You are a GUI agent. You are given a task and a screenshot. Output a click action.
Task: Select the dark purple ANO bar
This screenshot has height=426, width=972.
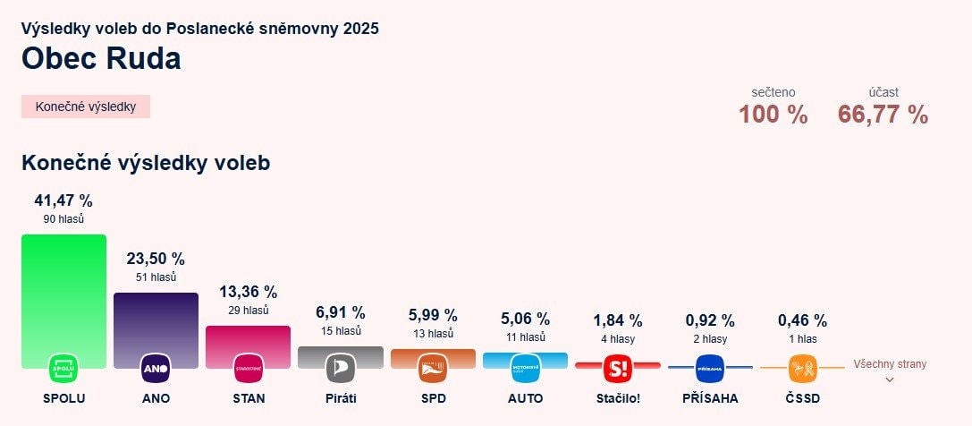[156, 322]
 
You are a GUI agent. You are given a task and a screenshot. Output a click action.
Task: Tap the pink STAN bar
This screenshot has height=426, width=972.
[248, 340]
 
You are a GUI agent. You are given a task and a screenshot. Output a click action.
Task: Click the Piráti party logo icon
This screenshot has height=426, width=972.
[341, 368]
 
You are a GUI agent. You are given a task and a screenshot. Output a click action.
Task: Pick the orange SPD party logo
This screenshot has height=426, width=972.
[433, 368]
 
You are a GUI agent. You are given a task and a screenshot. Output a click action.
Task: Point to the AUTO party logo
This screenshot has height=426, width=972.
[525, 368]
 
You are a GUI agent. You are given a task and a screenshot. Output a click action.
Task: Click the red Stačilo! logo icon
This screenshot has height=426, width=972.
[618, 368]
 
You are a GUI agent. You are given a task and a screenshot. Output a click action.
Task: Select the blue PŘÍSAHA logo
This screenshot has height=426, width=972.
[710, 368]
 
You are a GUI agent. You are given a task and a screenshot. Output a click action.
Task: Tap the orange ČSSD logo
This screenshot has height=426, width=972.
[802, 368]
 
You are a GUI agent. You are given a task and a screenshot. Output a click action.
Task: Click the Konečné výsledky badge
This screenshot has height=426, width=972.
[86, 106]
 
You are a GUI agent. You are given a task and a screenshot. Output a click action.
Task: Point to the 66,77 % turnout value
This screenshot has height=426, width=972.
[883, 115]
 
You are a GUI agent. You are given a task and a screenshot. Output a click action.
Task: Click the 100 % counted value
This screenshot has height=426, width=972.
[773, 115]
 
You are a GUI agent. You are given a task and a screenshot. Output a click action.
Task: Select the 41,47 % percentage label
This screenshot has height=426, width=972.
[63, 200]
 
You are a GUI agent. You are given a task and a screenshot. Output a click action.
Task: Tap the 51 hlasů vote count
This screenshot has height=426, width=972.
[156, 277]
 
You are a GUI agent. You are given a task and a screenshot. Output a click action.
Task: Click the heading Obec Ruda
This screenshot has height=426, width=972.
[101, 58]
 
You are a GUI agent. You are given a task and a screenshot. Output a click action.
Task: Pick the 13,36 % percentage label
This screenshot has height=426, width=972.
[248, 292]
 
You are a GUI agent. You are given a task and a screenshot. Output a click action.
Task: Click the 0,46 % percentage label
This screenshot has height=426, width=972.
[802, 320]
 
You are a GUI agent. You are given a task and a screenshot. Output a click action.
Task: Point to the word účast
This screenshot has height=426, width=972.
[883, 92]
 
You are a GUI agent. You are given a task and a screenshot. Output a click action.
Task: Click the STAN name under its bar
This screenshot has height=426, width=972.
[248, 398]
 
